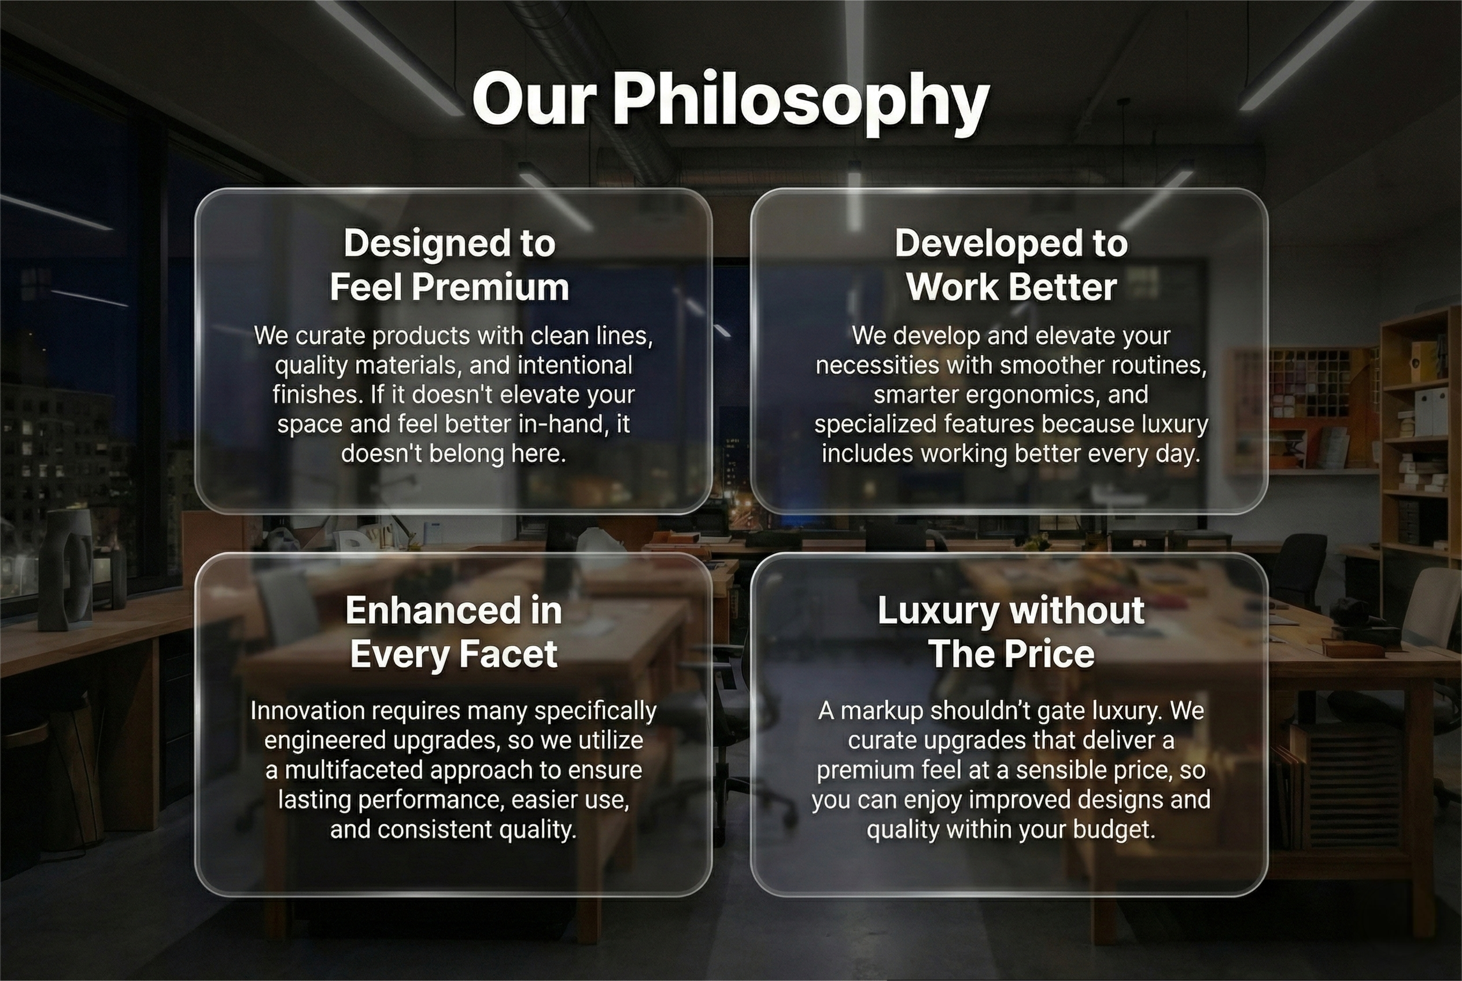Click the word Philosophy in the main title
pyautogui.click(x=801, y=102)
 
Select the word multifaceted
pyautogui.click(x=354, y=770)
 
